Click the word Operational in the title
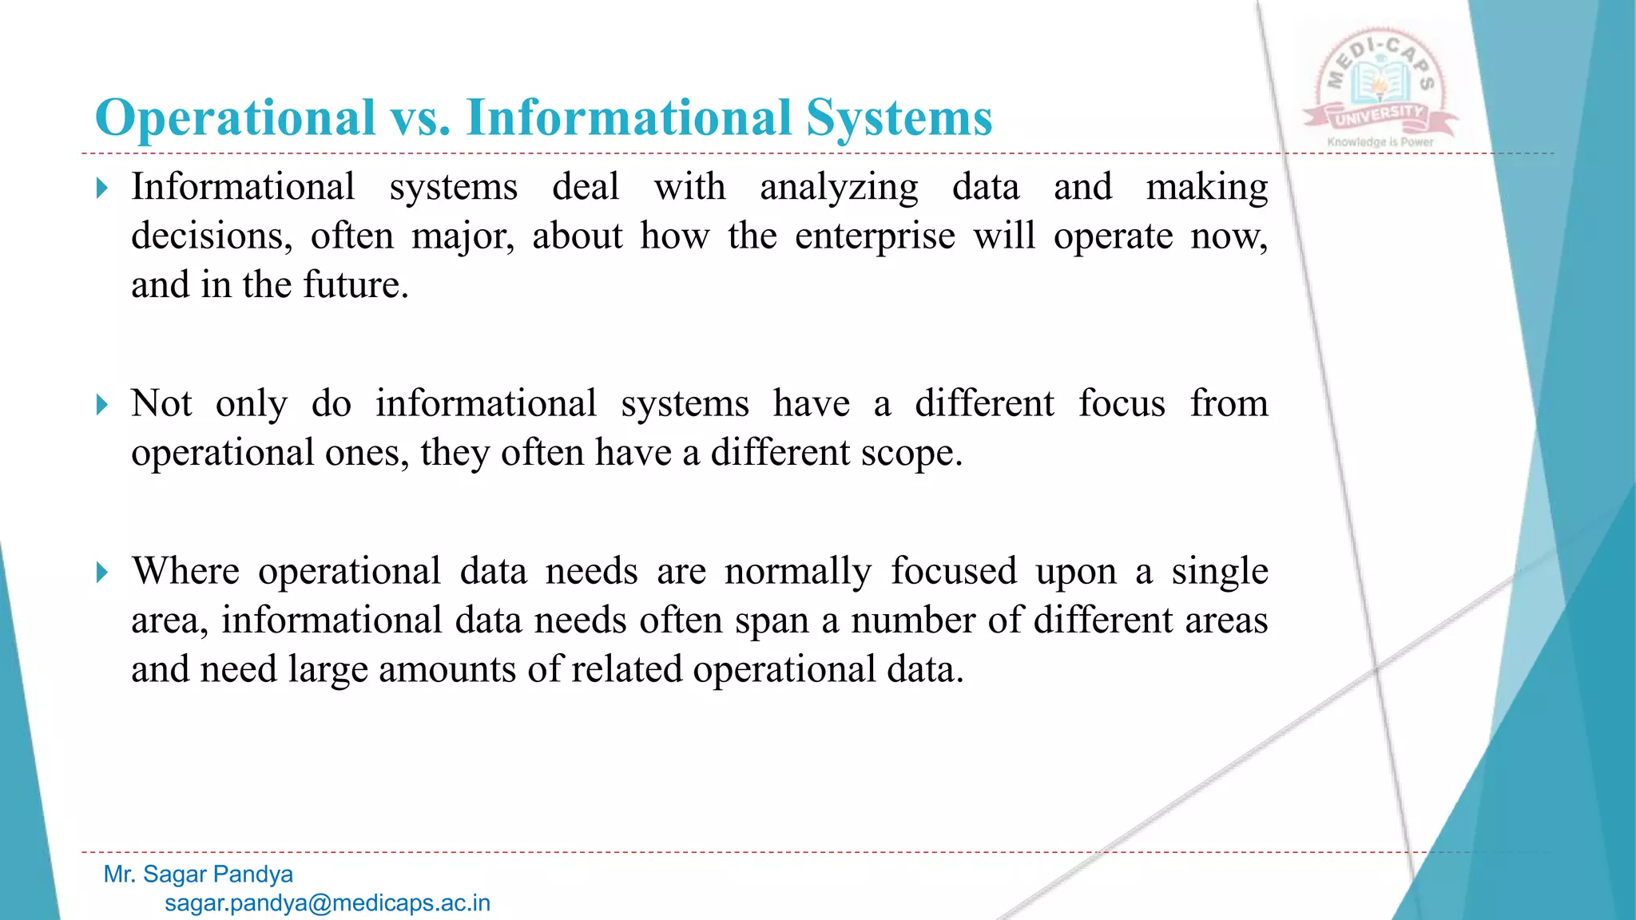[x=235, y=118]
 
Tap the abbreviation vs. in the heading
[x=420, y=118]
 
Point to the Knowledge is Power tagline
[x=1380, y=142]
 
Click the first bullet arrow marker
[x=101, y=188]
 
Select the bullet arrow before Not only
[x=101, y=405]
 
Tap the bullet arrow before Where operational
[x=101, y=573]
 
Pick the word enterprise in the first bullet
[x=875, y=236]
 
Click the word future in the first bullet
[x=355, y=285]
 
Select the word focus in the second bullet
[x=1122, y=403]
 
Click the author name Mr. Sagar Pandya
[x=198, y=874]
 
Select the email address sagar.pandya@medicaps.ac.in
[x=328, y=903]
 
